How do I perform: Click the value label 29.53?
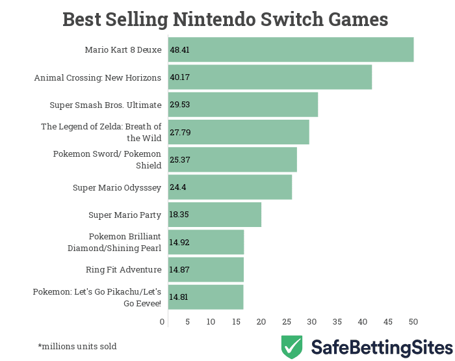[179, 105]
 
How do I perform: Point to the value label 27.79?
[179, 133]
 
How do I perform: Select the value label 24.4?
[178, 187]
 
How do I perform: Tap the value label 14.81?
[179, 297]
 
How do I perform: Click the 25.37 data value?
[179, 160]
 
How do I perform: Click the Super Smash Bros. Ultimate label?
[105, 105]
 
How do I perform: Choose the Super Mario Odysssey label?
[117, 187]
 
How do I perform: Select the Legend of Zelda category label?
[101, 132]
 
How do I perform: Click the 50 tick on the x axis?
[413, 321]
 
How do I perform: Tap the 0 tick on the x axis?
[162, 321]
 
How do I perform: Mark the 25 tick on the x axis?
[287, 321]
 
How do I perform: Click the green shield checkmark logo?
[292, 347]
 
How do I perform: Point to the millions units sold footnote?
[77, 346]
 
